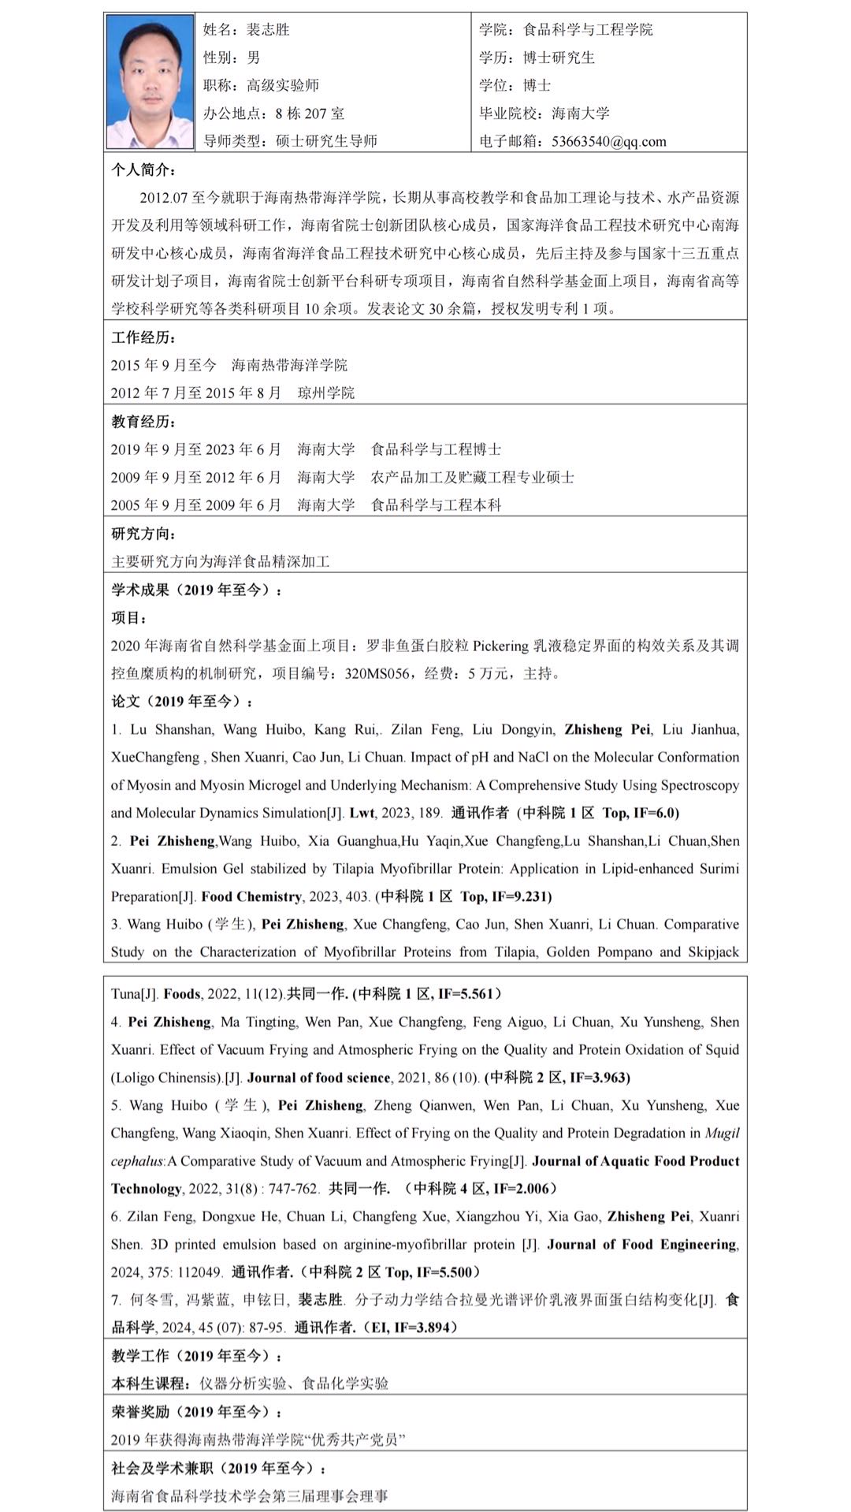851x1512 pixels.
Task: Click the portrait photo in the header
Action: pos(149,81)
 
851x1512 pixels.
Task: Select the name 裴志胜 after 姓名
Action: pos(268,30)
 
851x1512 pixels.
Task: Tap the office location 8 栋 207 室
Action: pos(310,114)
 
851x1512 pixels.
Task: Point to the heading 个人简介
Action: pos(143,170)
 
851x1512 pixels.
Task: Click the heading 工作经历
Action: pos(143,337)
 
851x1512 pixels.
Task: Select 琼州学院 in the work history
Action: pos(326,393)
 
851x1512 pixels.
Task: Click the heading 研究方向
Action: pos(143,534)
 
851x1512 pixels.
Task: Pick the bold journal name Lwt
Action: pos(362,814)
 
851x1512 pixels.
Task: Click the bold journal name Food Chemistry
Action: pos(251,897)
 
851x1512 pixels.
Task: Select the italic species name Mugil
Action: pos(722,1134)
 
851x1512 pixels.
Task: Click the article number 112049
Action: pos(199,1272)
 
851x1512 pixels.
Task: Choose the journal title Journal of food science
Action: pos(318,1078)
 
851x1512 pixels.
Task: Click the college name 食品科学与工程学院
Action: pos(588,30)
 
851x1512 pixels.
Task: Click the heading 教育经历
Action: pos(143,422)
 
